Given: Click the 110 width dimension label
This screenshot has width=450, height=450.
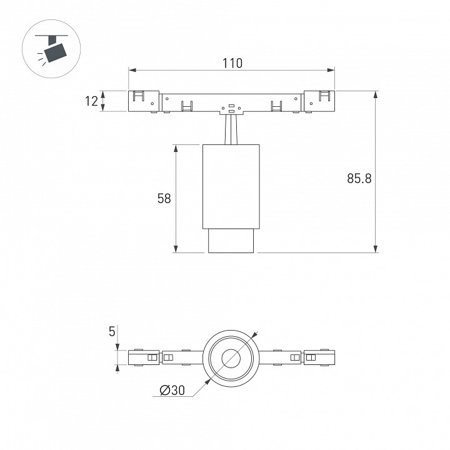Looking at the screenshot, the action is point(232,63).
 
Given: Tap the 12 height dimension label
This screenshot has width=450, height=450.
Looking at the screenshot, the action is point(91,101).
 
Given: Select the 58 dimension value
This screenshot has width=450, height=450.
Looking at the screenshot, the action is point(164,198).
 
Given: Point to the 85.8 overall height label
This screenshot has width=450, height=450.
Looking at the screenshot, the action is point(359,178).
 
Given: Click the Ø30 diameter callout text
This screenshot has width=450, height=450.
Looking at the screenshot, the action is point(172,390).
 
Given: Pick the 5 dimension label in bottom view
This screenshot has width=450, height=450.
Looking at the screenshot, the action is point(112,331).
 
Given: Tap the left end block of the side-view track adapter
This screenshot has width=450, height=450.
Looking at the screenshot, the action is point(143,101).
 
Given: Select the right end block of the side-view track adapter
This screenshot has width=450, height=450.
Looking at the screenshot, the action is point(319,101).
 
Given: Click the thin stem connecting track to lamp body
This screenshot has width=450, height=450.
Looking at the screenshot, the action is point(231,129).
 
